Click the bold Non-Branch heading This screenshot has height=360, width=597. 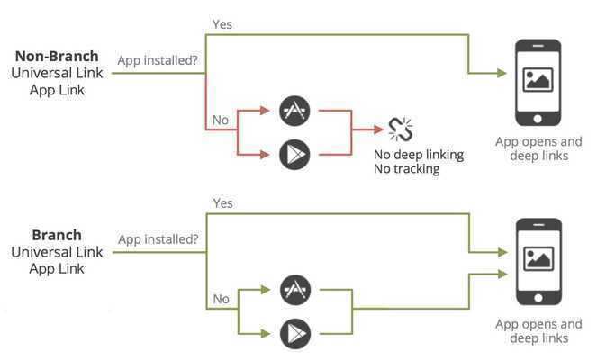click(x=57, y=56)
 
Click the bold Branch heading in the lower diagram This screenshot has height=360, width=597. click(x=57, y=235)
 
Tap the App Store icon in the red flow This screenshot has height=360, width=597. click(x=294, y=111)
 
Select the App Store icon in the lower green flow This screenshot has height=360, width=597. click(x=294, y=290)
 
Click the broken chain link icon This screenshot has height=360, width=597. click(x=400, y=130)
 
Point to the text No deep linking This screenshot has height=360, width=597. click(x=419, y=155)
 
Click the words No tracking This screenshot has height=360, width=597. click(x=407, y=168)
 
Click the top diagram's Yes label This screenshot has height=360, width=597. click(x=222, y=23)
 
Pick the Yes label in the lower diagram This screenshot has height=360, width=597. click(x=222, y=203)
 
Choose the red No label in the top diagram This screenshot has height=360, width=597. click(x=221, y=119)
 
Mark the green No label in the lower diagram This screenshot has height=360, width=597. click(x=221, y=298)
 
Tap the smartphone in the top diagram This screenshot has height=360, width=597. click(x=538, y=80)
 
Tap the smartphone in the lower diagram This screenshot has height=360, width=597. click(x=538, y=261)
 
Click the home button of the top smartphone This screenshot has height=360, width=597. click(x=538, y=118)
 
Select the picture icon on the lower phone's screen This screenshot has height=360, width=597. click(x=538, y=258)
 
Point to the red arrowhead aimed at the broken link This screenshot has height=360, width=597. click(x=378, y=130)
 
